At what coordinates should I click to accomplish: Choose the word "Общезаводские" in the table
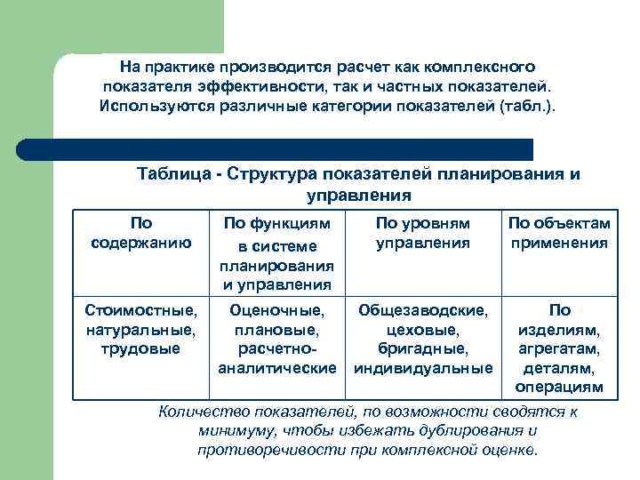(422, 311)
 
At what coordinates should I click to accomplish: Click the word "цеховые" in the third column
(422, 330)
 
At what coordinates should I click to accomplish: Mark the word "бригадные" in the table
(422, 348)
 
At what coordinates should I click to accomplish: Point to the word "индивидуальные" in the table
(422, 368)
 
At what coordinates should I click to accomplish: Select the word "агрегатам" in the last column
(559, 349)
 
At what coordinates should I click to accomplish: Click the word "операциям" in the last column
(559, 388)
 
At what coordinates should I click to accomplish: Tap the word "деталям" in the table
(559, 368)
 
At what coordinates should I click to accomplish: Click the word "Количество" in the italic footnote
(202, 412)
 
